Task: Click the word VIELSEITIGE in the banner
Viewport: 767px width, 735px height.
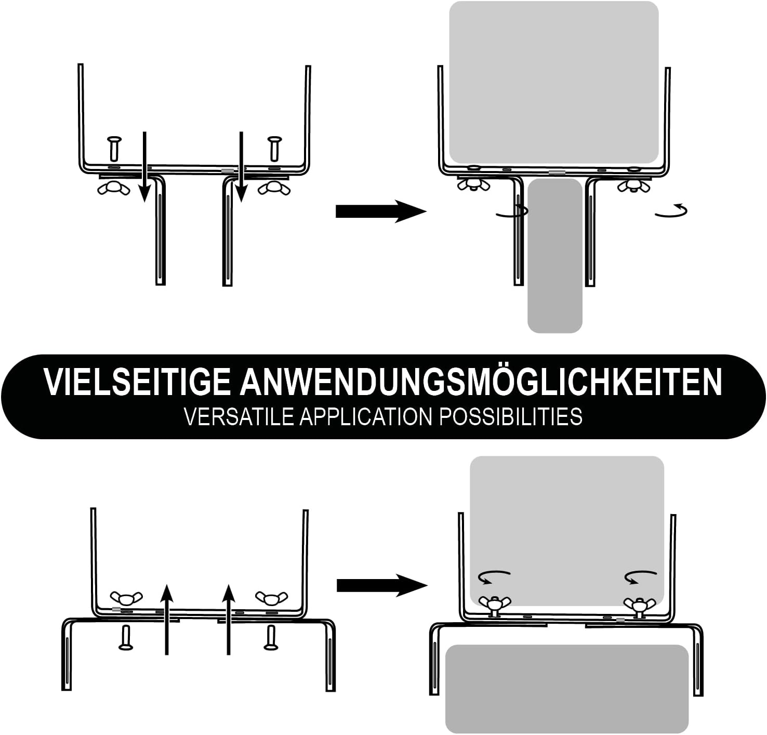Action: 136,383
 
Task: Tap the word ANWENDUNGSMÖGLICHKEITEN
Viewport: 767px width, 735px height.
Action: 481,383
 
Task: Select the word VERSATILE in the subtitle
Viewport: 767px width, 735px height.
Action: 239,417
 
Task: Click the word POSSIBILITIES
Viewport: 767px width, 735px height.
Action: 511,417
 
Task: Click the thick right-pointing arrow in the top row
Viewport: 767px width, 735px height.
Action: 381,211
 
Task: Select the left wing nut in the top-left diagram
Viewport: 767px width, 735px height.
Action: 114,189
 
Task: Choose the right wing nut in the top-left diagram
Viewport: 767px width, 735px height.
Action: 274,189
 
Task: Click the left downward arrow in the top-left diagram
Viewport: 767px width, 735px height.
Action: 144,166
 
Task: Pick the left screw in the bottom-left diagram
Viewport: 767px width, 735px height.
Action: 125,637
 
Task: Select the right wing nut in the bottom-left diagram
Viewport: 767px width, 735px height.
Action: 271,598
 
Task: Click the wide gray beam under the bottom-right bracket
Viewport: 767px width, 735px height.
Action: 567,688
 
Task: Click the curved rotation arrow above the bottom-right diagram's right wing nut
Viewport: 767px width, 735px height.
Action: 641,576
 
